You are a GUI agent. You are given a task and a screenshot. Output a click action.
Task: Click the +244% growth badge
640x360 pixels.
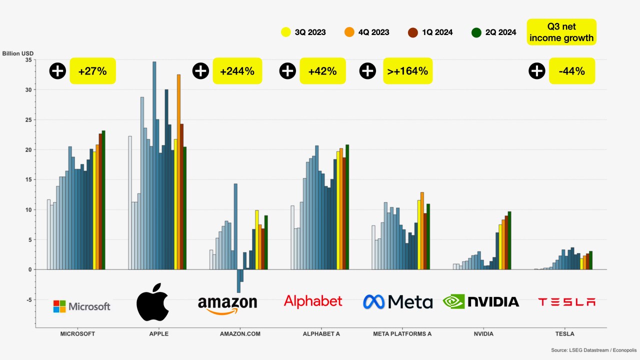pos(237,71)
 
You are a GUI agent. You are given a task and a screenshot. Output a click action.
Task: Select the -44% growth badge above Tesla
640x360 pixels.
pos(571,71)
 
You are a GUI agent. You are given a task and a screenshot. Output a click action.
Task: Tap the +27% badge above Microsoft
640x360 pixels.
pos(92,71)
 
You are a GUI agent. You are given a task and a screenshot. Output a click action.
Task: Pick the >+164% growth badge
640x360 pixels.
pos(407,71)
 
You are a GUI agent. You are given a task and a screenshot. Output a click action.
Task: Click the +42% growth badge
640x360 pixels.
pos(322,71)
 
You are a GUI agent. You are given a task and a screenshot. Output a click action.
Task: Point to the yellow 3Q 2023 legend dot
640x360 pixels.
pos(285,32)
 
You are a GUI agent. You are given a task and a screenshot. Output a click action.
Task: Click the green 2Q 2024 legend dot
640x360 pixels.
pos(476,32)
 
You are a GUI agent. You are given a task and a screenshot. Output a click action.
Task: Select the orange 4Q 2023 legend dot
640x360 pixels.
pos(349,32)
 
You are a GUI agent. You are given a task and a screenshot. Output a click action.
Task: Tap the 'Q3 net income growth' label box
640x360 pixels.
pos(561,32)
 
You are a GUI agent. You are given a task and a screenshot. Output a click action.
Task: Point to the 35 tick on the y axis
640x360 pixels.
pos(28,60)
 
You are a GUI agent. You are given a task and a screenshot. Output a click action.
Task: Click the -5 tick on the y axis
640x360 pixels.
pos(29,299)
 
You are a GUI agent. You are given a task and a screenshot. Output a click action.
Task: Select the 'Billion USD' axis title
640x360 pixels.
pos(17,53)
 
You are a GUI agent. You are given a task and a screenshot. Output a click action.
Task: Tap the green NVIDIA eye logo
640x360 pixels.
pos(453,301)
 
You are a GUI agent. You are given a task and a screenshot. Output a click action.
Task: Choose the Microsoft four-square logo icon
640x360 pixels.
pos(59,306)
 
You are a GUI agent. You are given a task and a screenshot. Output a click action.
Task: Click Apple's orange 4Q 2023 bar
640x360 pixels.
pos(179,172)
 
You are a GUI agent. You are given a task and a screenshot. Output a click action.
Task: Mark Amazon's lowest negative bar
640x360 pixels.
pos(238,281)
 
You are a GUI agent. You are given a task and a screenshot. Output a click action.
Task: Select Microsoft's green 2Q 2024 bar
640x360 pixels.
pos(103,200)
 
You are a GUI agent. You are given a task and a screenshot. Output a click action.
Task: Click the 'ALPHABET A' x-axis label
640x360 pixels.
pos(321,333)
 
